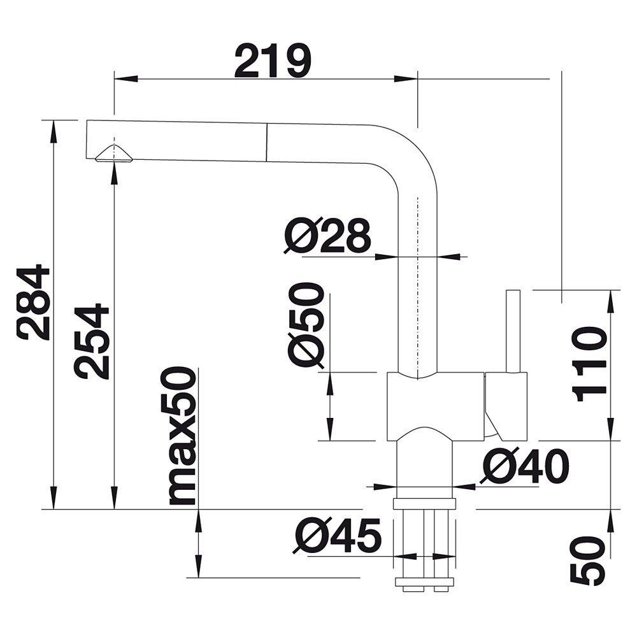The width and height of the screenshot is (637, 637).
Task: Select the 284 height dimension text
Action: click(x=34, y=302)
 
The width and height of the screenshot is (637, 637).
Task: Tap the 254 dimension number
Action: click(x=92, y=341)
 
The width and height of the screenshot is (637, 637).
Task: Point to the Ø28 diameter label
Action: click(x=327, y=236)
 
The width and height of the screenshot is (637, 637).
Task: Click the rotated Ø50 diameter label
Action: click(x=307, y=326)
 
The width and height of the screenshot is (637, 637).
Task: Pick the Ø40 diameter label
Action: click(x=524, y=466)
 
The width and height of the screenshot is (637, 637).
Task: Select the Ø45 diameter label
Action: click(x=338, y=536)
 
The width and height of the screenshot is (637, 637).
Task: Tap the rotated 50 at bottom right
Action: click(x=588, y=561)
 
